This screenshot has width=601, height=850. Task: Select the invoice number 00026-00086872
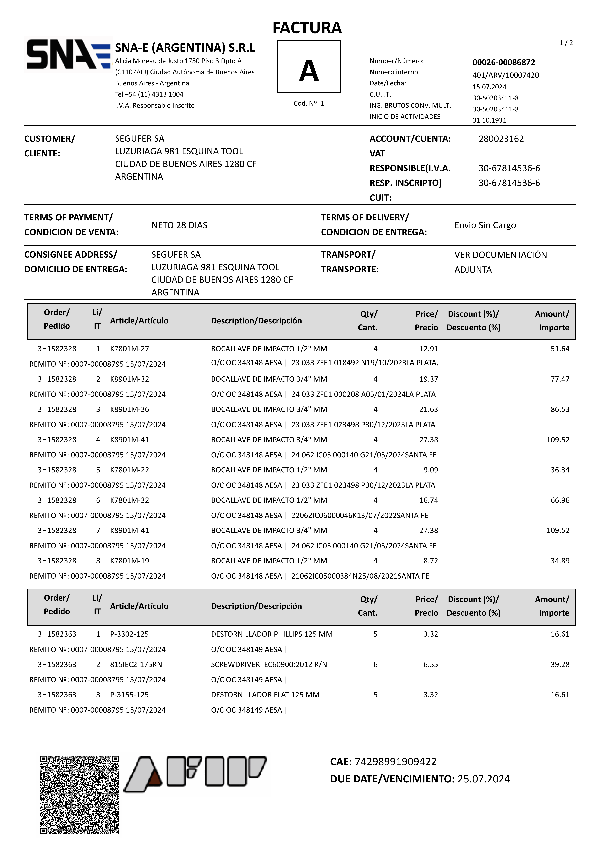click(x=504, y=62)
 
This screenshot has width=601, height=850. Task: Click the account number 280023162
click(x=501, y=139)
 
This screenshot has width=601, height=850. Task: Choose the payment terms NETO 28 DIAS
click(x=179, y=225)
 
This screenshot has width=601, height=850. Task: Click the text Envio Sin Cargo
click(x=485, y=225)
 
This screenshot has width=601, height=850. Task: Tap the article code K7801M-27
click(x=129, y=349)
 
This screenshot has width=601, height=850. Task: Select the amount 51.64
click(x=559, y=349)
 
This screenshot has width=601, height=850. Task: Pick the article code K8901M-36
click(x=129, y=409)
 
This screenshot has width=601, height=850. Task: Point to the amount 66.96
click(x=559, y=500)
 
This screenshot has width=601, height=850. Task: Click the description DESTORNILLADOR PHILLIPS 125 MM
click(x=272, y=634)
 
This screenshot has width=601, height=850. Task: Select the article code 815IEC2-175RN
click(x=136, y=665)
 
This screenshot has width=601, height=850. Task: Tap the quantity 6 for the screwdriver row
click(x=375, y=665)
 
